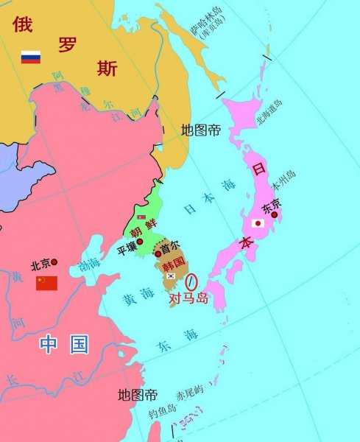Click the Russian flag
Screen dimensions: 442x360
pos(30,57)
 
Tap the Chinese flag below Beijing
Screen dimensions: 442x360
pos(46,283)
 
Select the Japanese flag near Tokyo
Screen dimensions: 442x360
pos(258,223)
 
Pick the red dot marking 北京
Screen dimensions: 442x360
pos(54,262)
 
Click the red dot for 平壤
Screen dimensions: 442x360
pos(139,242)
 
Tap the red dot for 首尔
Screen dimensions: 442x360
pos(158,254)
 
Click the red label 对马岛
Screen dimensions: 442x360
pos(189,298)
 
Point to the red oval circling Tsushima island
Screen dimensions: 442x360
pos(193,281)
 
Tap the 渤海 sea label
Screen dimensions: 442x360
pos(89,264)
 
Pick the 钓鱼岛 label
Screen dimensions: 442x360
pos(162,411)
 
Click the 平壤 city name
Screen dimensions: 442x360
pos(127,250)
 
